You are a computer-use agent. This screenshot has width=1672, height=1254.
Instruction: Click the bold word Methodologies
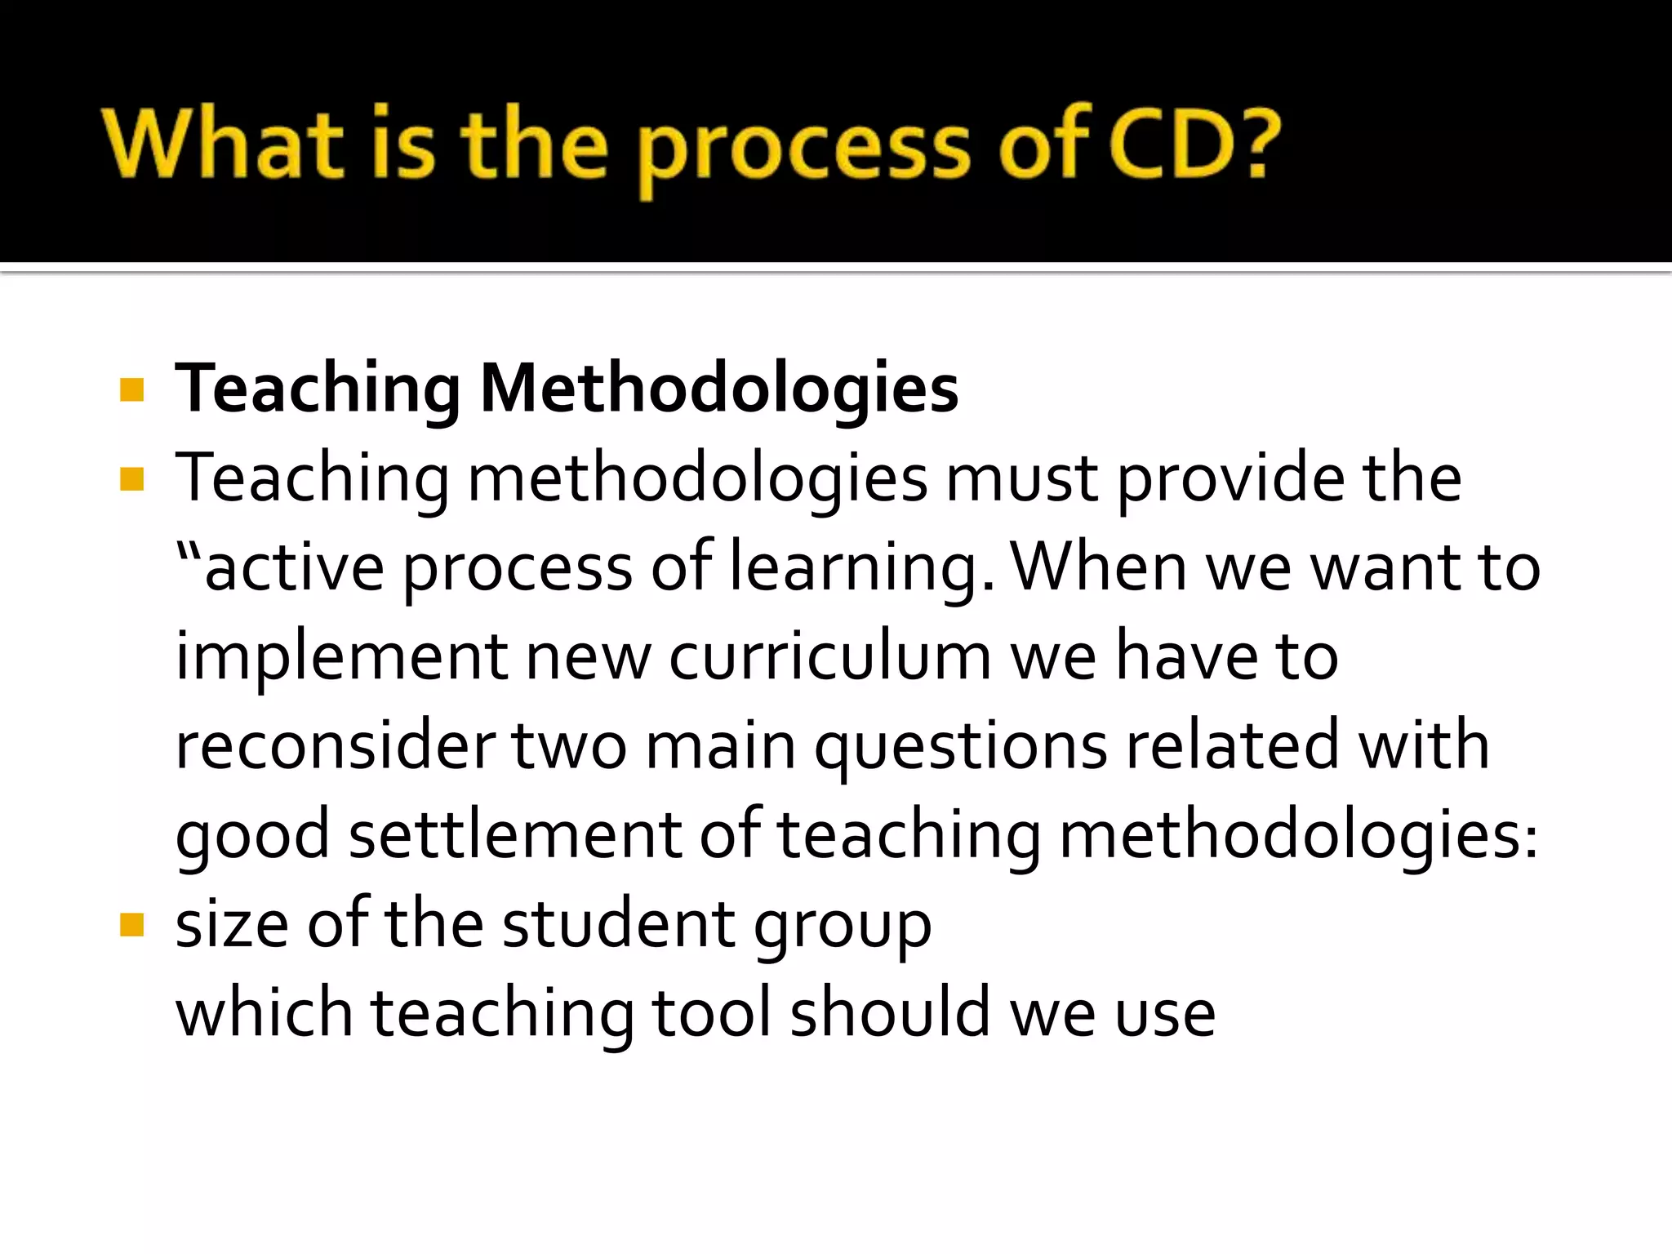click(x=719, y=389)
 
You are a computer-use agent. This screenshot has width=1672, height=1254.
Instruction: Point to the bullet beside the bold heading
click(x=131, y=389)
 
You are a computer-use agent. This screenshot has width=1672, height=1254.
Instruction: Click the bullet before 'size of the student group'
click(x=131, y=925)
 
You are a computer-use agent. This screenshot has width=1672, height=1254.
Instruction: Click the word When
click(x=1099, y=567)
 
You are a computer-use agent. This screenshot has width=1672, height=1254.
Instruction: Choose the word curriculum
click(x=829, y=656)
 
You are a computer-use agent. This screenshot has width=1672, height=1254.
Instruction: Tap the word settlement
click(x=515, y=834)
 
